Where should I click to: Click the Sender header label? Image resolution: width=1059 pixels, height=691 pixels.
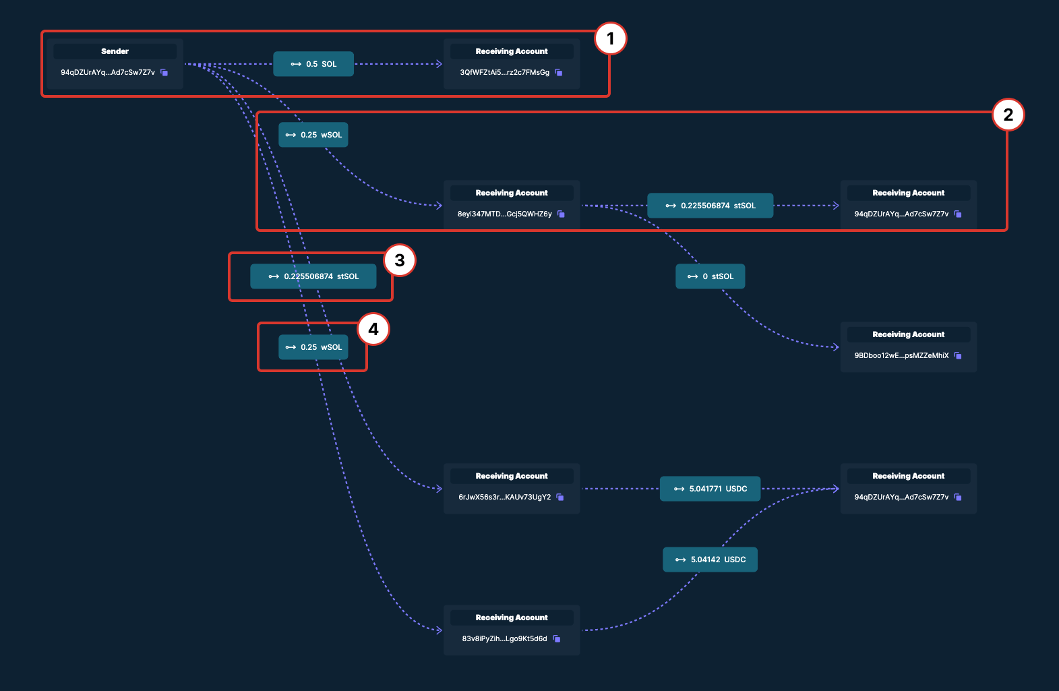(x=115, y=51)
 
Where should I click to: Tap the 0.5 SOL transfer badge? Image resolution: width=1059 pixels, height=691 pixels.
(x=313, y=64)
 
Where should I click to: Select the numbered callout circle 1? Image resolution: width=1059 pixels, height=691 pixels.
(x=610, y=38)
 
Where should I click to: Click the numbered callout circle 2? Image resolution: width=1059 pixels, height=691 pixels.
(x=1008, y=115)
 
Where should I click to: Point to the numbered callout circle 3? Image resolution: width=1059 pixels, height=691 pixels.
(x=400, y=260)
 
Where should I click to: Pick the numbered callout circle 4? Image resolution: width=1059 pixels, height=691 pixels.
(x=373, y=329)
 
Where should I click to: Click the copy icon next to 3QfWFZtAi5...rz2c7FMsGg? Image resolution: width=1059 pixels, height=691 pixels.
(x=559, y=72)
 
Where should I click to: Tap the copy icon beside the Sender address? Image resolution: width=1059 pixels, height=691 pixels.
(x=164, y=72)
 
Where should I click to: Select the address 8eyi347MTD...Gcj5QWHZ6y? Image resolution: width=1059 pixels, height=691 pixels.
(x=504, y=214)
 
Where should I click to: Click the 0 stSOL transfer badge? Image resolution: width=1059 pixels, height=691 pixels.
(x=710, y=276)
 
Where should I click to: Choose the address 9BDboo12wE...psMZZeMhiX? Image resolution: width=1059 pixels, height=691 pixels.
(x=901, y=355)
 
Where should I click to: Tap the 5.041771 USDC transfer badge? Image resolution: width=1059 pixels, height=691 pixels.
(x=710, y=489)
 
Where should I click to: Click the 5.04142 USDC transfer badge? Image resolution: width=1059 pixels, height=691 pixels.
(x=710, y=560)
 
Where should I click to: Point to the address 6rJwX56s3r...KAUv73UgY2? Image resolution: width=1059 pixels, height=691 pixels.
(x=504, y=497)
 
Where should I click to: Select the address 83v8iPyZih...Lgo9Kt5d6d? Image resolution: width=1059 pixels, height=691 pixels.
(x=504, y=638)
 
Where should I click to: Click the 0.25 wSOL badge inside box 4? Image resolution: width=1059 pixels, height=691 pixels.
(x=313, y=347)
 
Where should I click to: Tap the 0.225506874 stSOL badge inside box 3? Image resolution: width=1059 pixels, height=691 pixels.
(x=313, y=276)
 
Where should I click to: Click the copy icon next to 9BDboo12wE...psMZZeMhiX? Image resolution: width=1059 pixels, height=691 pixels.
(x=958, y=355)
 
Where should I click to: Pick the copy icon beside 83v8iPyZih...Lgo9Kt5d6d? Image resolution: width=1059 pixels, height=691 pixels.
(x=557, y=638)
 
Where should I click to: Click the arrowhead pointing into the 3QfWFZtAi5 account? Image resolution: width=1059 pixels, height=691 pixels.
(x=439, y=64)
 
